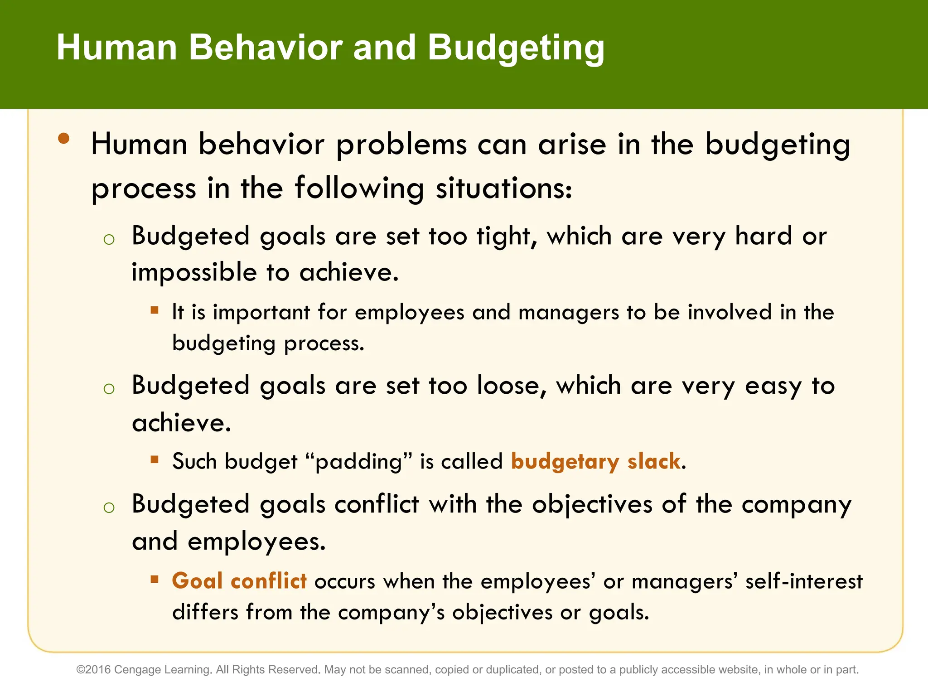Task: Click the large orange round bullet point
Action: click(x=64, y=138)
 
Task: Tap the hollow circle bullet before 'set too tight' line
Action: click(x=109, y=239)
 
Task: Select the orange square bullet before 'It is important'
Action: click(x=155, y=310)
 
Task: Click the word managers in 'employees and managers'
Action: click(x=568, y=313)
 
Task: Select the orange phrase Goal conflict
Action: click(x=239, y=581)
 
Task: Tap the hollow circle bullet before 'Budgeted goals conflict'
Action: click(x=109, y=507)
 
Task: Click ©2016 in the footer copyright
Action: click(x=93, y=670)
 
